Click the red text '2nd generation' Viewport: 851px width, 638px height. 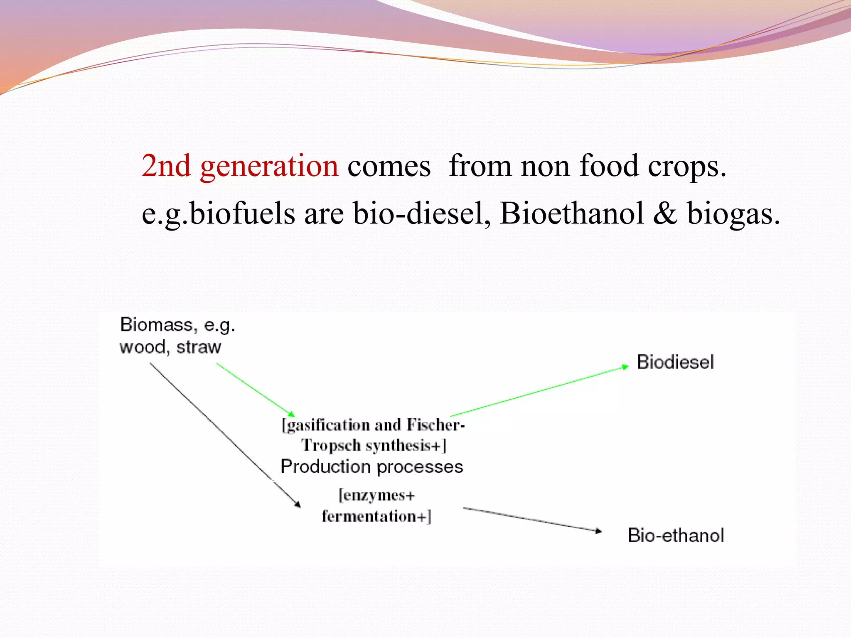coord(240,166)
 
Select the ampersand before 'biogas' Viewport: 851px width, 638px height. coord(665,213)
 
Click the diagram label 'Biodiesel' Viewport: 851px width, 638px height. coord(675,362)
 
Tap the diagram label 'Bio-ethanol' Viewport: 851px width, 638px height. coord(676,535)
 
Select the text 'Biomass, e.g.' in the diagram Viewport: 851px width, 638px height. coord(177,325)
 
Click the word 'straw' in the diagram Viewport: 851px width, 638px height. coord(199,347)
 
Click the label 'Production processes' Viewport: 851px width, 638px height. coord(371,467)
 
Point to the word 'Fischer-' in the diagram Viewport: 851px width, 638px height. coord(435,425)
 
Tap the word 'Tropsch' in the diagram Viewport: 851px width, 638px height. coord(331,445)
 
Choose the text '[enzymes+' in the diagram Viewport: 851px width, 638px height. coord(376,496)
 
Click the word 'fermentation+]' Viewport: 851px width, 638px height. coord(376,516)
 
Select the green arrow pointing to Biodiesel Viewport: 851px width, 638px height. coord(540,391)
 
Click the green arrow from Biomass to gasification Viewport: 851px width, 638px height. coord(255,390)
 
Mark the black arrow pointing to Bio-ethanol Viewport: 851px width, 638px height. coord(532,519)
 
